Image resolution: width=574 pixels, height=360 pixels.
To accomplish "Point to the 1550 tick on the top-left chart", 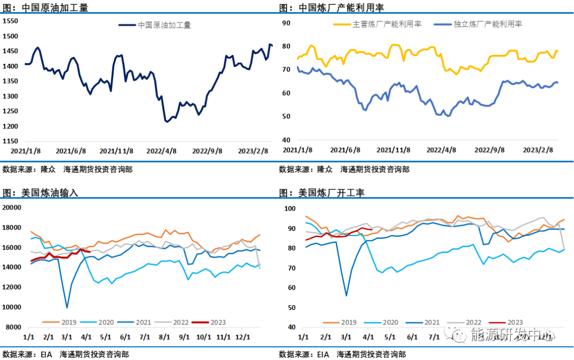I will (10, 21).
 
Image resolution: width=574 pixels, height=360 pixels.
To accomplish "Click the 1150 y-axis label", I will (10, 141).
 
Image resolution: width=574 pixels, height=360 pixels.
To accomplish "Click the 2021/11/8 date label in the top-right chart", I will (394, 150).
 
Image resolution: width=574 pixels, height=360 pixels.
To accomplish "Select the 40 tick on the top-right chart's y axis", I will (285, 140).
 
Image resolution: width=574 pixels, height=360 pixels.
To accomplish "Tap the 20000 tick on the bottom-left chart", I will (11, 207).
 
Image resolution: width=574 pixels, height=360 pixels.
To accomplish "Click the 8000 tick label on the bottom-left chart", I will (13, 328).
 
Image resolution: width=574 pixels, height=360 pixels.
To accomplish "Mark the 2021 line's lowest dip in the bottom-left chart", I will (67, 307).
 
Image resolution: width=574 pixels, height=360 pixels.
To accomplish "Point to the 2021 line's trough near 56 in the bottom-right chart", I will (346, 296).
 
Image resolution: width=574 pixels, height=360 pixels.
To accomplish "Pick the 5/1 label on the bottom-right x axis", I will (390, 337).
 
